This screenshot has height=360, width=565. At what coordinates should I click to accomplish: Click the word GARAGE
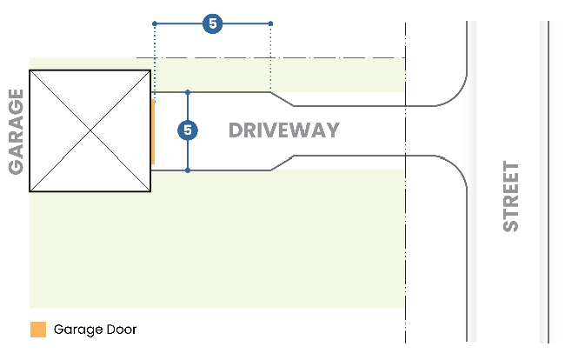pos(16,130)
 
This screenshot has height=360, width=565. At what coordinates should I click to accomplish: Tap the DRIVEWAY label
pos(283,131)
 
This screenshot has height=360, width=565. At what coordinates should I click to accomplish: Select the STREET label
pos(511,196)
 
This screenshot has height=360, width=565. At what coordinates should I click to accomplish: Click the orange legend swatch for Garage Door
pos(37,330)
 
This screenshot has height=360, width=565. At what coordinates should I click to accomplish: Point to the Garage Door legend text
pos(95,330)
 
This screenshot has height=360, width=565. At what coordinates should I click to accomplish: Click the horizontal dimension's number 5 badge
pos(212,23)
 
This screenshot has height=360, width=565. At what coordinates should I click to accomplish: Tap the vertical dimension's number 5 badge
pos(188,130)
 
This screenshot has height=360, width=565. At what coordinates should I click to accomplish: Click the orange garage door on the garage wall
pos(153,131)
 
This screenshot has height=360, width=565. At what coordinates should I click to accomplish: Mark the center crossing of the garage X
pos(90,130)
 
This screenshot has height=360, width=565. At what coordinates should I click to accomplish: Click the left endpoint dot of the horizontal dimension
pos(154,23)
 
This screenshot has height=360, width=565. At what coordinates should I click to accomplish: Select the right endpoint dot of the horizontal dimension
pos(271,23)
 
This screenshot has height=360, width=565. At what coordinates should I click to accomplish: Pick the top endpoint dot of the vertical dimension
pos(188,91)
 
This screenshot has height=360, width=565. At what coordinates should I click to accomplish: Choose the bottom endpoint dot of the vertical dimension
pos(188,170)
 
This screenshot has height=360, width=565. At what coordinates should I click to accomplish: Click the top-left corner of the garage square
pos(30,70)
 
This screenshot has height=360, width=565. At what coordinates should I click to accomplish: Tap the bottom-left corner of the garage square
pos(30,190)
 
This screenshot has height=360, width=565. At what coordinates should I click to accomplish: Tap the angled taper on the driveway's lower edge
pos(282,163)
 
